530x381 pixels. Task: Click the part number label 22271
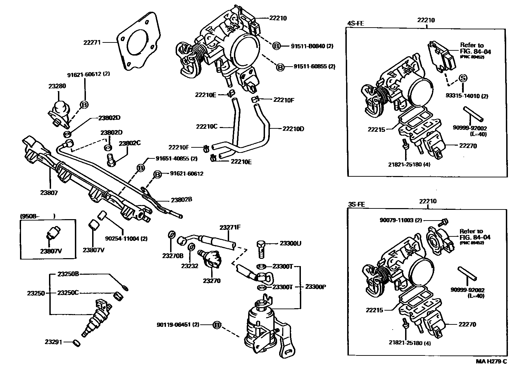92,42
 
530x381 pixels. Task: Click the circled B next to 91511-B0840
277,46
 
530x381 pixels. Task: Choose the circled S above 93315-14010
463,78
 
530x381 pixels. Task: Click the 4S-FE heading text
355,24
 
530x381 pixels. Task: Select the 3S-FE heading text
357,204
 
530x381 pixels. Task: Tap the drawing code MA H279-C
491,361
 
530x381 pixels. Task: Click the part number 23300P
316,287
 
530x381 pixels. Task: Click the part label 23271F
230,227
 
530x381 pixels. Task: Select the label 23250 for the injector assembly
36,293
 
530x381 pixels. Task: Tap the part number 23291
53,342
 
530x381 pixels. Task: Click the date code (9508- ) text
37,216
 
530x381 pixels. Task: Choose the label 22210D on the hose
293,129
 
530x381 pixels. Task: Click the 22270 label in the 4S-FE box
468,146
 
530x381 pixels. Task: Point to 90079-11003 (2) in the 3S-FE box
401,220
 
